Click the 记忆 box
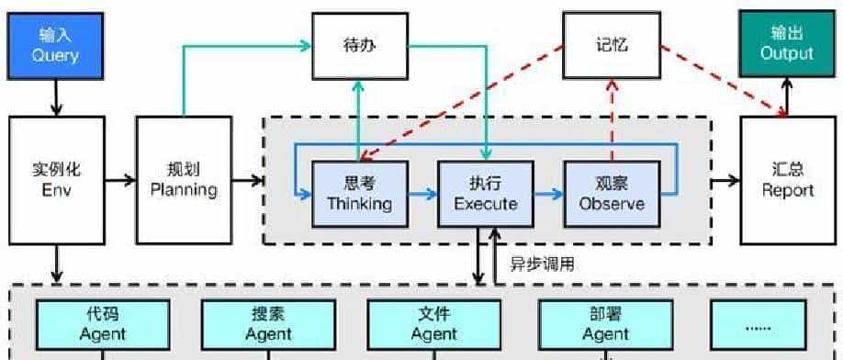coord(610,44)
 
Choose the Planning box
coord(183,180)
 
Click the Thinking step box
coord(359,192)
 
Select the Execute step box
coord(485,192)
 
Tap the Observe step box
coord(611,192)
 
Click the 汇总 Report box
coord(787,180)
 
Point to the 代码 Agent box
coord(102,323)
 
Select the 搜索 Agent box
coord(268,323)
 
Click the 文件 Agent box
coord(433,323)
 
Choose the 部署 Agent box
coord(605,323)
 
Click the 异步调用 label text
coord(543,264)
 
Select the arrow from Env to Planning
coord(117,181)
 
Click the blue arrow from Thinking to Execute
coord(421,194)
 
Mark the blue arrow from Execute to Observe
coord(547,194)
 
